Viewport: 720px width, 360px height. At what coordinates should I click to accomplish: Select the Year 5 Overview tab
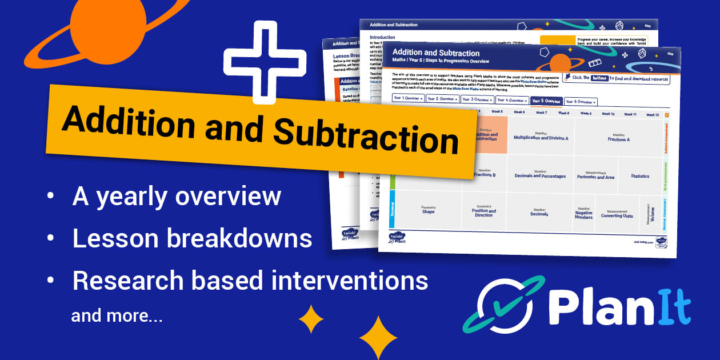pyautogui.click(x=546, y=101)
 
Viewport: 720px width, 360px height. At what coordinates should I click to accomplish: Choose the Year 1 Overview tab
pyautogui.click(x=408, y=98)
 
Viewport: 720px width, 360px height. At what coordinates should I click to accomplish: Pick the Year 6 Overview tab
pyautogui.click(x=581, y=102)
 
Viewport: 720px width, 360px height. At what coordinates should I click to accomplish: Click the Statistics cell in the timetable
pyautogui.click(x=640, y=176)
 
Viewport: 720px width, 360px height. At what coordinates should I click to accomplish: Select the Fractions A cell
pyautogui.click(x=618, y=138)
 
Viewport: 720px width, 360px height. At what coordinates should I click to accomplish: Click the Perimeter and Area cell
pyautogui.click(x=595, y=176)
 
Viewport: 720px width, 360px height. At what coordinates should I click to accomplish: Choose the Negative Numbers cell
pyautogui.click(x=583, y=213)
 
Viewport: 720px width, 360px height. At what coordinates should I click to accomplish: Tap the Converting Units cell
pyautogui.click(x=617, y=214)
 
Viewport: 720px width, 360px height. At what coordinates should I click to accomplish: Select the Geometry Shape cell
pyautogui.click(x=428, y=210)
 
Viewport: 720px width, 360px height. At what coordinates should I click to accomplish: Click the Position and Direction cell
pyautogui.click(x=483, y=212)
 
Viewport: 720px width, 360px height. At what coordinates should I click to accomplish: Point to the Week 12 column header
pyautogui.click(x=652, y=115)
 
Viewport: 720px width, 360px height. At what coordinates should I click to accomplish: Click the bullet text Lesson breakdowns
pyautogui.click(x=192, y=239)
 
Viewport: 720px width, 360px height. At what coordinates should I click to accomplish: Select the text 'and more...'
pyautogui.click(x=117, y=316)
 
